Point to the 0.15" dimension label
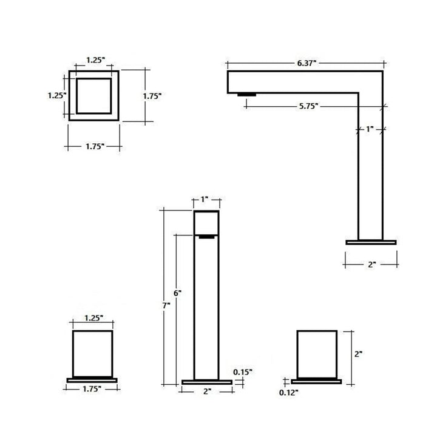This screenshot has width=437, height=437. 243,371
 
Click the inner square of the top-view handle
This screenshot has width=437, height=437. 93,96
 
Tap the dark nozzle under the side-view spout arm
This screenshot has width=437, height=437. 246,94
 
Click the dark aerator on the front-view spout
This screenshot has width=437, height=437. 207,237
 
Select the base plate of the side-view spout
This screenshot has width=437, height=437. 370,242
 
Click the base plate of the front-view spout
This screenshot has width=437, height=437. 207,382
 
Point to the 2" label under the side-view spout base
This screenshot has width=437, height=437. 371,265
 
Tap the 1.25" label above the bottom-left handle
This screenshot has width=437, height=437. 93,317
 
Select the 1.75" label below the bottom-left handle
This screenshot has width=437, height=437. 93,391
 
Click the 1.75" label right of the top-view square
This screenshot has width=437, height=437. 152,95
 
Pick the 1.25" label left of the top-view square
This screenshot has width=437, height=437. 57,95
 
